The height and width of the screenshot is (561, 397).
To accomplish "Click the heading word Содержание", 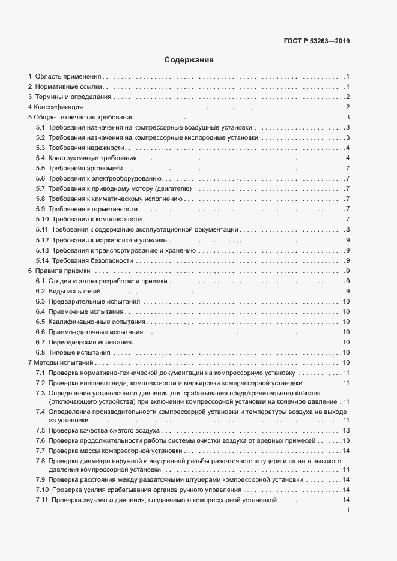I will tap(189, 61).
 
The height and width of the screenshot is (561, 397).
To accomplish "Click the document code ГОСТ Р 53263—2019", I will tap(317, 41).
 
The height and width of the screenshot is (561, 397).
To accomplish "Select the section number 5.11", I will tap(41, 230).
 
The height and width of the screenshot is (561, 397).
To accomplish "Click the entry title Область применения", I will tap(68, 76).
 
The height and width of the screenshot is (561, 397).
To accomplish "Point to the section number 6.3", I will tap(40, 301).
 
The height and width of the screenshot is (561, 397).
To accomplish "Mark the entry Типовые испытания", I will tap(80, 352).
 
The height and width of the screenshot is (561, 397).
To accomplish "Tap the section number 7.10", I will tap(41, 490).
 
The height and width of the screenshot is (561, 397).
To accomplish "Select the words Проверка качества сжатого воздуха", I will tap(104, 431).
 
